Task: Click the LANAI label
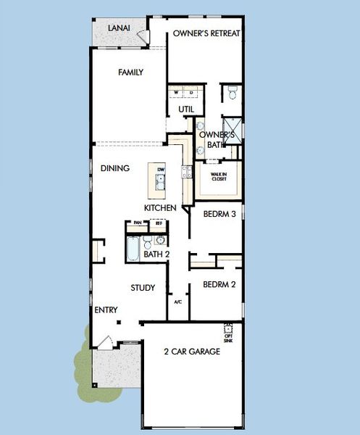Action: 118,28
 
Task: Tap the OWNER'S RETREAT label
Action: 206,33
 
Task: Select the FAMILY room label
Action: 130,72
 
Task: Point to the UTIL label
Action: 186,109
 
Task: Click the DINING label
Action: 115,168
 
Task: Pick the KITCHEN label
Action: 160,208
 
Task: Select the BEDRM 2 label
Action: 219,284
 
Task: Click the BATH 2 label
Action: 156,254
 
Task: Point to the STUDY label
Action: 143,288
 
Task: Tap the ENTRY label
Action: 106,310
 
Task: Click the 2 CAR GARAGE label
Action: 191,352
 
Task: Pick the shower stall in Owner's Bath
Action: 230,125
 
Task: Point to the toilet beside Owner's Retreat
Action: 232,93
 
